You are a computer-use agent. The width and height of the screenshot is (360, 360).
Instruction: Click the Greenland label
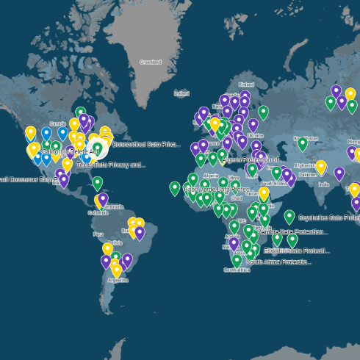click(151, 62)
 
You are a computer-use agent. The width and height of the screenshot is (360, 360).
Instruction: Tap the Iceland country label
click(181, 94)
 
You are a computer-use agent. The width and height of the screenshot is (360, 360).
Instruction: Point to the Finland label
click(246, 84)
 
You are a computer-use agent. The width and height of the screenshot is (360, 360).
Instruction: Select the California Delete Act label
click(71, 151)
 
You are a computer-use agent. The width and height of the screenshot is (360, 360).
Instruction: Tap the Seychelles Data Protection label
click(328, 218)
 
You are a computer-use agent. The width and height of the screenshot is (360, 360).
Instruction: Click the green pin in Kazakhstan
click(302, 143)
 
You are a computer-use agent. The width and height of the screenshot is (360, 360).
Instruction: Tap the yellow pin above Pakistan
click(321, 167)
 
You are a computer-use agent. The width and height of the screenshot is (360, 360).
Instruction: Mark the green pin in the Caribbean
click(98, 182)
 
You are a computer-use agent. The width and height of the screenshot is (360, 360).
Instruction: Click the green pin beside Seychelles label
click(289, 216)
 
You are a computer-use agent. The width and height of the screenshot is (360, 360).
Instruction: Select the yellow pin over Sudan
click(264, 193)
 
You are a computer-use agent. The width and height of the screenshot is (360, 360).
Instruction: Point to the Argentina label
click(118, 280)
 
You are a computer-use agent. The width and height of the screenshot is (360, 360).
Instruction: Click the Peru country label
click(98, 234)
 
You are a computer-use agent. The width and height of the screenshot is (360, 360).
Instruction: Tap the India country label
click(324, 184)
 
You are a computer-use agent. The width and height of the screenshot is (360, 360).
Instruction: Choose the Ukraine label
click(255, 136)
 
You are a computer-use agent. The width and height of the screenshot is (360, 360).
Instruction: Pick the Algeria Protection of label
click(250, 159)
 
